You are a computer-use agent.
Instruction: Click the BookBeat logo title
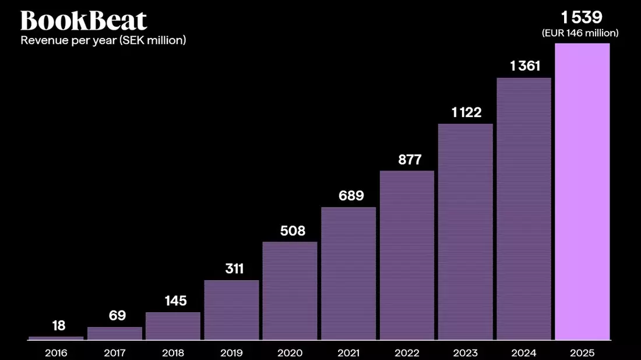tap(83, 20)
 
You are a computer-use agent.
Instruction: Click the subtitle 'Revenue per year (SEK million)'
tap(103, 40)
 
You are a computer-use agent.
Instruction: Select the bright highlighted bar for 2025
tap(582, 192)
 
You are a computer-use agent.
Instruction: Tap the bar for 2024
tap(524, 209)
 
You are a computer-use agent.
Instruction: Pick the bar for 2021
tap(348, 273)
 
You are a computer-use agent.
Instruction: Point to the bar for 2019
tap(231, 310)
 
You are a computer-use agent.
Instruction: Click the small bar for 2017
tap(115, 333)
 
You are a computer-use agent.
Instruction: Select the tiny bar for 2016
tap(56, 338)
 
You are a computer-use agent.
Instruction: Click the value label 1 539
tap(582, 17)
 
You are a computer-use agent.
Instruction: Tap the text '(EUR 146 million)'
tap(580, 33)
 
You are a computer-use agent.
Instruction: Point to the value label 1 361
tap(525, 66)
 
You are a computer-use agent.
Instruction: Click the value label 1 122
tap(466, 112)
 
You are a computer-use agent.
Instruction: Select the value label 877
tap(410, 160)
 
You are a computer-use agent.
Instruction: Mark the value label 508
tap(293, 231)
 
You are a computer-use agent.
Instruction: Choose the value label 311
tap(234, 269)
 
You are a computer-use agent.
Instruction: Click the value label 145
tap(176, 301)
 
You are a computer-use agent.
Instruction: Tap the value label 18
tap(59, 326)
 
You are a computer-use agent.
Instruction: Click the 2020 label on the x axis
tap(290, 352)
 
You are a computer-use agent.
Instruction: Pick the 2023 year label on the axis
tap(465, 352)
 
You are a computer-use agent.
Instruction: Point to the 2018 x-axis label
tap(173, 352)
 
